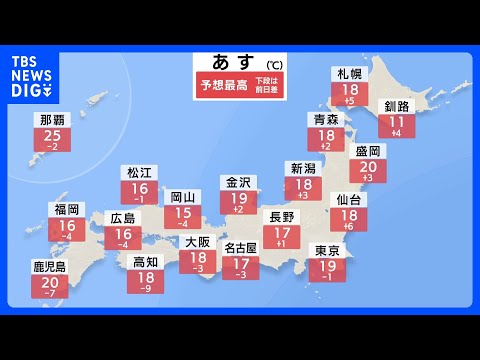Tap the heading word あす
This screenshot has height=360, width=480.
coord(229,62)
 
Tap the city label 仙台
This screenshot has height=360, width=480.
coord(347,200)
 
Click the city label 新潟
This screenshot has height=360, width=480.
coord(302,167)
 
